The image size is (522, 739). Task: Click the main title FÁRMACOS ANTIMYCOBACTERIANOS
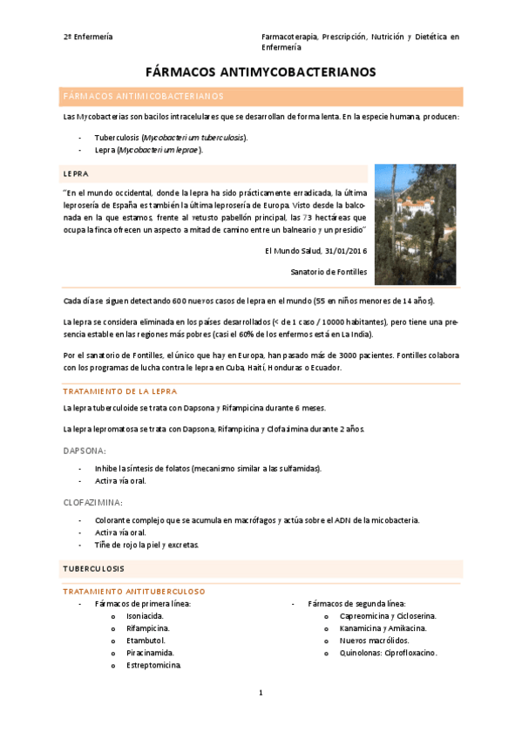261,72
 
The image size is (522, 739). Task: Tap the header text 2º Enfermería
88,37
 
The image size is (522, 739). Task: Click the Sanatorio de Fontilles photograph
415,225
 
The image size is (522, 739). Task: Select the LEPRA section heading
76,173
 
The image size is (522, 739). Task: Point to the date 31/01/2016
343,251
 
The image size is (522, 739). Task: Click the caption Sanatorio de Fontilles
329,272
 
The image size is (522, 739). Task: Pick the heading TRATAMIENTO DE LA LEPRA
120,391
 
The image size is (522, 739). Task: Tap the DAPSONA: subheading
85,451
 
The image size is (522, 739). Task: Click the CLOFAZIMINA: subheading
92,502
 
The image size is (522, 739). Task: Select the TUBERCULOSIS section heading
93,568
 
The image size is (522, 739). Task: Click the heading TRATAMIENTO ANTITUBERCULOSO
133,591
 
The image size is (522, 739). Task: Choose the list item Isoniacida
145,615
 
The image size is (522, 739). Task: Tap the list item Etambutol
146,640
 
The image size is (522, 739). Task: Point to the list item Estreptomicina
154,665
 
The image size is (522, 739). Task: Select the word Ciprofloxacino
407,652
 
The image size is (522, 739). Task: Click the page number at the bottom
261,693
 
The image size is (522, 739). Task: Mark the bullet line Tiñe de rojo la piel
146,545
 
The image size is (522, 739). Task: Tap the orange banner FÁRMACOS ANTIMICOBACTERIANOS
144,96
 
